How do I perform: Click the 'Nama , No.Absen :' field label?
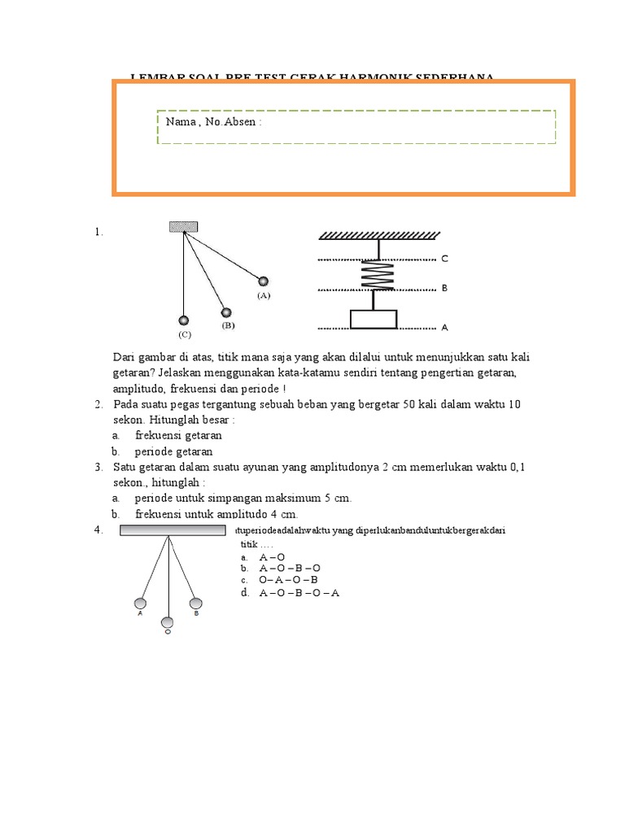tap(213, 122)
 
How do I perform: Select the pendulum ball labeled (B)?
tap(225, 312)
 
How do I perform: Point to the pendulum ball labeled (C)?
tap(184, 320)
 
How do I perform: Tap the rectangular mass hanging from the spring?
tap(374, 319)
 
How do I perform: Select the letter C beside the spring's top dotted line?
tap(444, 259)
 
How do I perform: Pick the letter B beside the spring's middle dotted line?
tap(444, 288)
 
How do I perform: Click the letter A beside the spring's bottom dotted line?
tap(444, 328)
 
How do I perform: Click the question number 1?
tap(98, 232)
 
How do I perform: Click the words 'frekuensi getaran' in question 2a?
tap(178, 435)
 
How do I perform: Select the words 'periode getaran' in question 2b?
tap(174, 451)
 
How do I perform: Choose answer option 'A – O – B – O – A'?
tap(299, 593)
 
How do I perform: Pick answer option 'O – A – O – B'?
tap(288, 580)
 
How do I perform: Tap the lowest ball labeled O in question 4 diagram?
tap(168, 622)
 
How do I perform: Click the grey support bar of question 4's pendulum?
tap(172, 530)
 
